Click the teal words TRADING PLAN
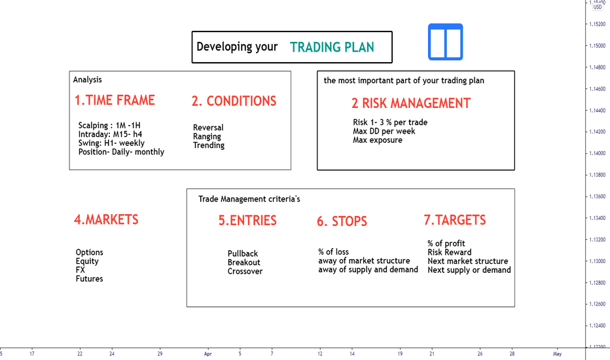coord(332,47)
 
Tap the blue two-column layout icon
coord(446,42)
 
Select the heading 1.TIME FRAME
coord(115,100)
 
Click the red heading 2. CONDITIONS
coord(234,101)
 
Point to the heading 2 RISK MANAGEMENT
coord(411,103)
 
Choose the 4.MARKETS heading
coord(106,219)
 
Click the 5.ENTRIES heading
coord(247,221)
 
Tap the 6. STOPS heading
coord(342,221)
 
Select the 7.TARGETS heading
coord(455,220)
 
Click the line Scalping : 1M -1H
coord(109,125)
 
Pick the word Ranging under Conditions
coord(207,137)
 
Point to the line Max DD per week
coord(384,131)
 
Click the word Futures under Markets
coord(90,279)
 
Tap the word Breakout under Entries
coord(244,262)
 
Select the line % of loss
coord(333,252)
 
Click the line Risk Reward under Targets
coord(450,252)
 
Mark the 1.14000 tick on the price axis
coord(597,153)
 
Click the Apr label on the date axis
coord(207,353)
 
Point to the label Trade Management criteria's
coord(249,199)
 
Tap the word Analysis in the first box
coord(88,80)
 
